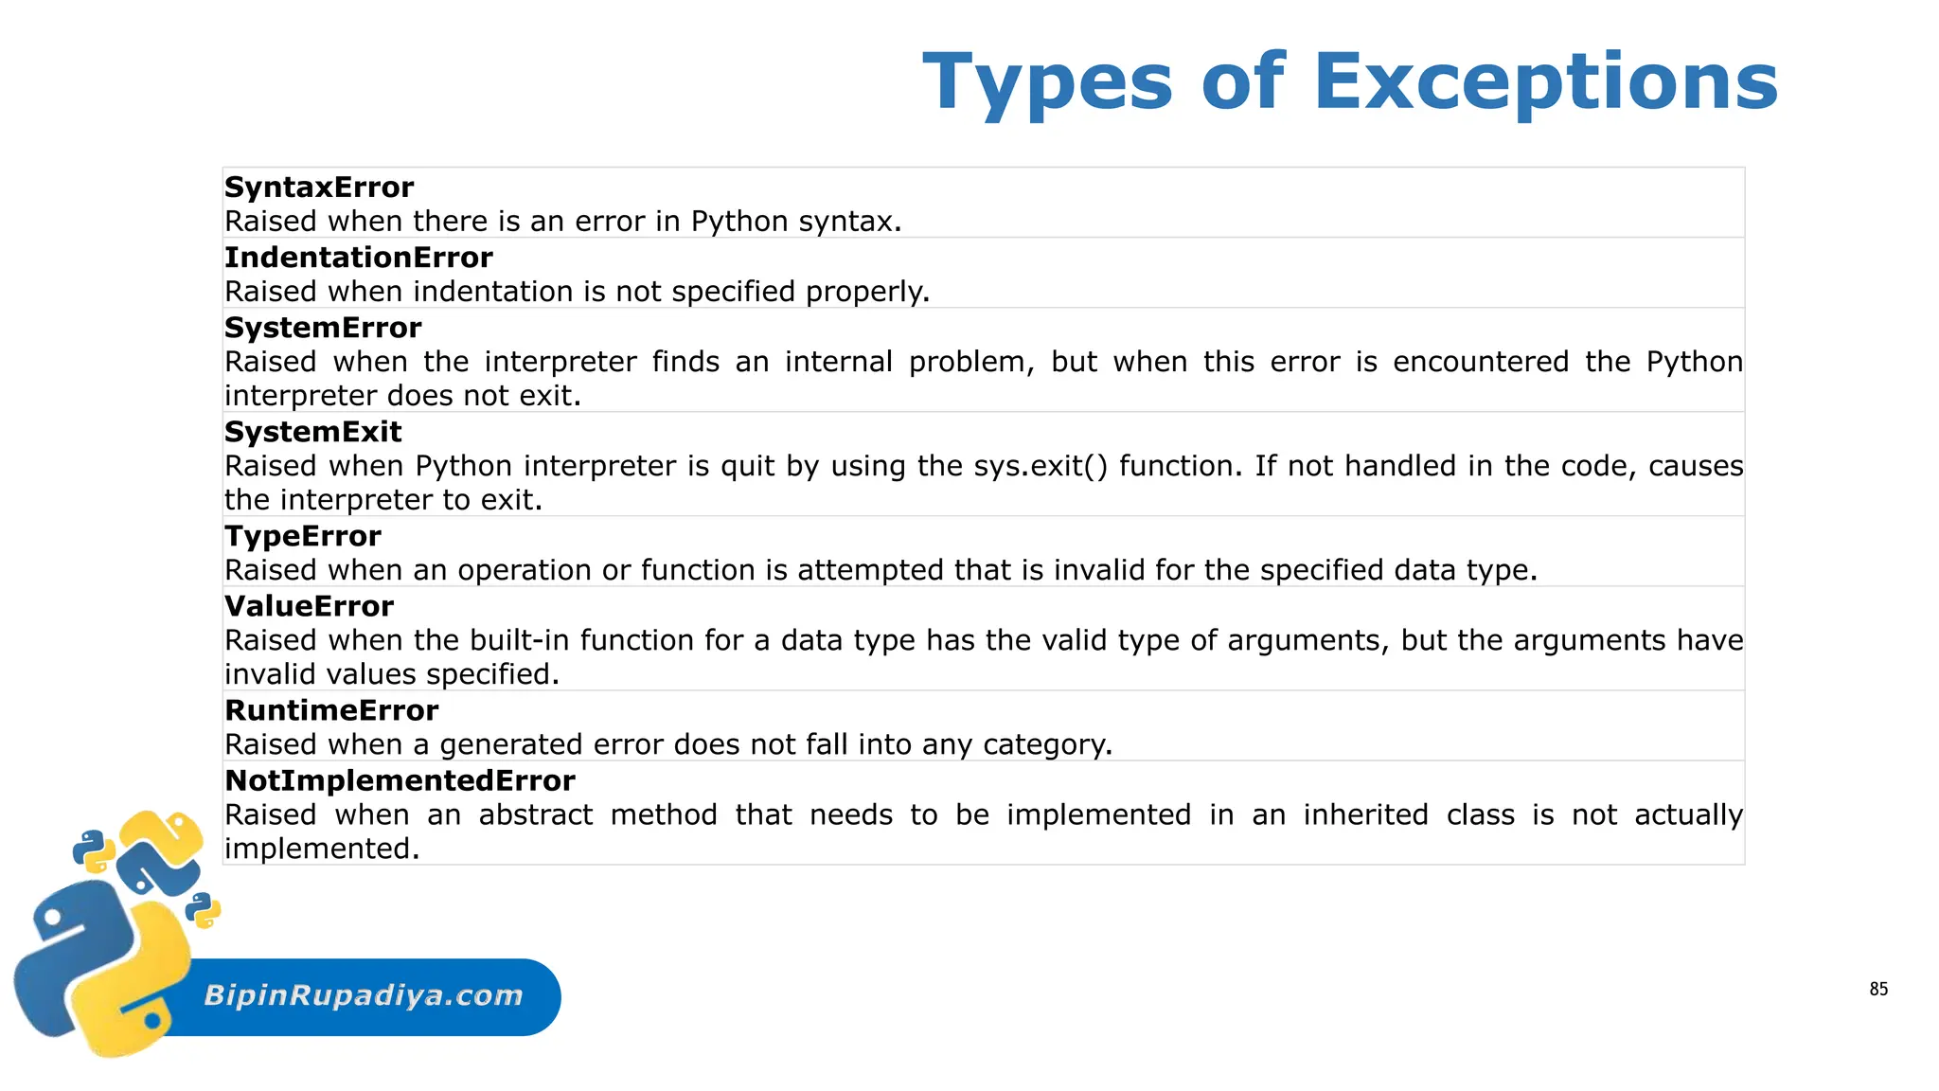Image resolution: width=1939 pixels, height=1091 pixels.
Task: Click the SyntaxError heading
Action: (x=319, y=188)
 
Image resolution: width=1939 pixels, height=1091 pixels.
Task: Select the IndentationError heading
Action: (x=359, y=258)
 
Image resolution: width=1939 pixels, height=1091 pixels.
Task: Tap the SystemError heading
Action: (x=323, y=328)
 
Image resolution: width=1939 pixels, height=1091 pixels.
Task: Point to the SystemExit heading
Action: (x=313, y=432)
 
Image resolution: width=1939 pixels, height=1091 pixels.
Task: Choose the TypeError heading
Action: (x=303, y=536)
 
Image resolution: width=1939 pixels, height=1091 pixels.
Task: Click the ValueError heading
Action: (x=309, y=606)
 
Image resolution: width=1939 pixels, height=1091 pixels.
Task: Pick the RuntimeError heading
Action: (x=331, y=710)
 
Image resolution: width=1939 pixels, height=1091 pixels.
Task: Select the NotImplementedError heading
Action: (x=400, y=780)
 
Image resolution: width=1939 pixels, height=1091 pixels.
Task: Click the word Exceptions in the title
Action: (x=1546, y=82)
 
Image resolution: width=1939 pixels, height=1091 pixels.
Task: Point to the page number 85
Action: (x=1878, y=990)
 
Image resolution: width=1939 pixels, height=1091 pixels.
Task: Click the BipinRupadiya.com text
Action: (x=364, y=995)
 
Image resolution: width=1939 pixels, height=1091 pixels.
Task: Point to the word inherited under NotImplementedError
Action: (x=1365, y=814)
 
